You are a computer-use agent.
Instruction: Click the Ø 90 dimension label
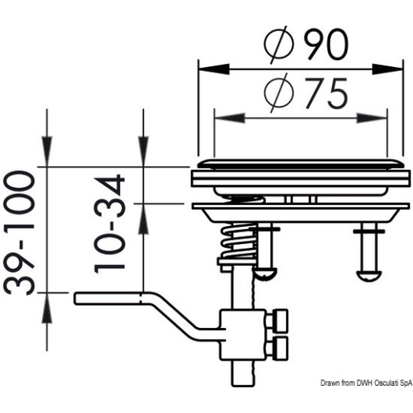[x=307, y=44]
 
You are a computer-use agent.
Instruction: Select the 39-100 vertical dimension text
[x=19, y=232]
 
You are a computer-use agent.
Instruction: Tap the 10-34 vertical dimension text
[x=109, y=224]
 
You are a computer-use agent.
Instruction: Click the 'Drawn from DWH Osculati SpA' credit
[x=366, y=383]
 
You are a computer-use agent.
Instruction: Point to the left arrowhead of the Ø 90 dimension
[x=214, y=69]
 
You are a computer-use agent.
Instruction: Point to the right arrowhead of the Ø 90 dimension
[x=387, y=69]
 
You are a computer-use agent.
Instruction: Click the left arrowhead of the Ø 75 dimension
[x=230, y=118]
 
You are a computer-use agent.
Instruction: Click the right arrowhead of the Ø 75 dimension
[x=372, y=118]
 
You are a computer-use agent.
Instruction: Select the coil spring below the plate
[x=238, y=241]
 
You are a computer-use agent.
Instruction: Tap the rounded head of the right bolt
[x=369, y=275]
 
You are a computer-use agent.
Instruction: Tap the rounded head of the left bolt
[x=265, y=274]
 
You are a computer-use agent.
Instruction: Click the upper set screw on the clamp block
[x=281, y=320]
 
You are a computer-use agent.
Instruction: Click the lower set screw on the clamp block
[x=281, y=348]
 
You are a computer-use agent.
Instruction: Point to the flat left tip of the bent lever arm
[x=75, y=298]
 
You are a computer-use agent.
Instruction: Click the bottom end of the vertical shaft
[x=243, y=387]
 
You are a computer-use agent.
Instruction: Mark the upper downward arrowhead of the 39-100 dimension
[x=47, y=152]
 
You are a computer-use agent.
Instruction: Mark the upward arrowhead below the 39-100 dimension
[x=47, y=308]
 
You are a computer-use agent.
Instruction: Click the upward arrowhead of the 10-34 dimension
[x=143, y=219]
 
